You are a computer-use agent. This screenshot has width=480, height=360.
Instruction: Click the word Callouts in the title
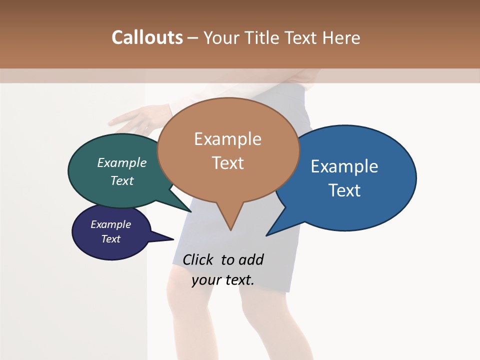pos(147,37)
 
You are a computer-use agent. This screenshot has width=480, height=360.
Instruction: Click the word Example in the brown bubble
pos(227,139)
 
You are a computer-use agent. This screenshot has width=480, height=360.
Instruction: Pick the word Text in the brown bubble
pos(227,163)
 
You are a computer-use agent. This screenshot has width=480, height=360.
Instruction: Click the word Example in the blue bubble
pos(344,166)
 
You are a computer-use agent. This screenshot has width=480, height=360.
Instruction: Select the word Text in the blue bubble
pos(344,190)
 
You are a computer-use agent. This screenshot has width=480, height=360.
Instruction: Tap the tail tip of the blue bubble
pos(267,235)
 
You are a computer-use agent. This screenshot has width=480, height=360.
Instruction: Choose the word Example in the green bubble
pos(122,162)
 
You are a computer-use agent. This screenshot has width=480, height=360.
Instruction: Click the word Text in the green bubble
pos(122,180)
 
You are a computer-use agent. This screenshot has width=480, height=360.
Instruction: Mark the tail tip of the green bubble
pos(190,211)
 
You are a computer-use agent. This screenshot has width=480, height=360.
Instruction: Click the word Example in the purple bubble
pos(110,224)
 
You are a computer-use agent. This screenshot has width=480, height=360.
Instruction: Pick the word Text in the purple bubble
pos(110,239)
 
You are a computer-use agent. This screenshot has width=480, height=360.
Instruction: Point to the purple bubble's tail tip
pos(173,239)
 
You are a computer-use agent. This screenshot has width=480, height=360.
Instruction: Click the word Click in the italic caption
pos(197,259)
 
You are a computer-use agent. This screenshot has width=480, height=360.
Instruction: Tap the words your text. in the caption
pos(222,280)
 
